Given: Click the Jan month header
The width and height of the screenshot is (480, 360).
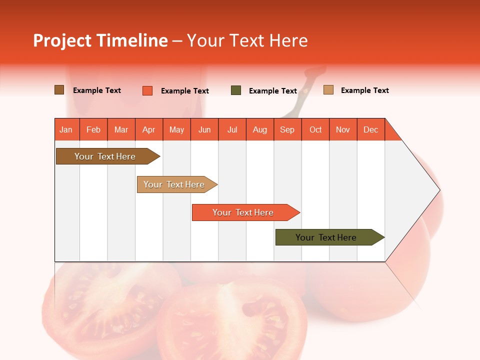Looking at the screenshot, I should click(x=66, y=129).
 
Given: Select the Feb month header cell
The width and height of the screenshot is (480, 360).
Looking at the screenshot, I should click(x=93, y=129).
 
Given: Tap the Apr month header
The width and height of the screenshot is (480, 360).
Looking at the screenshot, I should click(x=148, y=129).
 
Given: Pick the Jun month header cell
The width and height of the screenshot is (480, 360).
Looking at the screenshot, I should click(x=204, y=129).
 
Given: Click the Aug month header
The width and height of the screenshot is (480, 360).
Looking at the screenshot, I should click(x=259, y=129).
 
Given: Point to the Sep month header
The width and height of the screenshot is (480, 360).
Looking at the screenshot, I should click(x=287, y=129).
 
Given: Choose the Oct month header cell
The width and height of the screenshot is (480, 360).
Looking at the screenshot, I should click(x=315, y=129).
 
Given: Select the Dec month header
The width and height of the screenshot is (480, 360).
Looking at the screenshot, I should click(x=370, y=129).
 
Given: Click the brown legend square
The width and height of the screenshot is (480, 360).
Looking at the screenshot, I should click(x=59, y=90).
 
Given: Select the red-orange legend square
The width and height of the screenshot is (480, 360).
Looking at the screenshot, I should click(x=147, y=90).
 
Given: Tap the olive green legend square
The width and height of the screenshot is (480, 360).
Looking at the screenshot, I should click(x=236, y=90).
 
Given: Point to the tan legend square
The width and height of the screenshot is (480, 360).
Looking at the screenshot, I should click(x=328, y=90).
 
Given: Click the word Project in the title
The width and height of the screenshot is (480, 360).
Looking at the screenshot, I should click(x=62, y=40).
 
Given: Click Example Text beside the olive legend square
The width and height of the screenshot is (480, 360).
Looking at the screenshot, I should click(x=273, y=91).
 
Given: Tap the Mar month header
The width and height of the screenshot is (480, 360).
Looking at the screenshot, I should click(x=121, y=129).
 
